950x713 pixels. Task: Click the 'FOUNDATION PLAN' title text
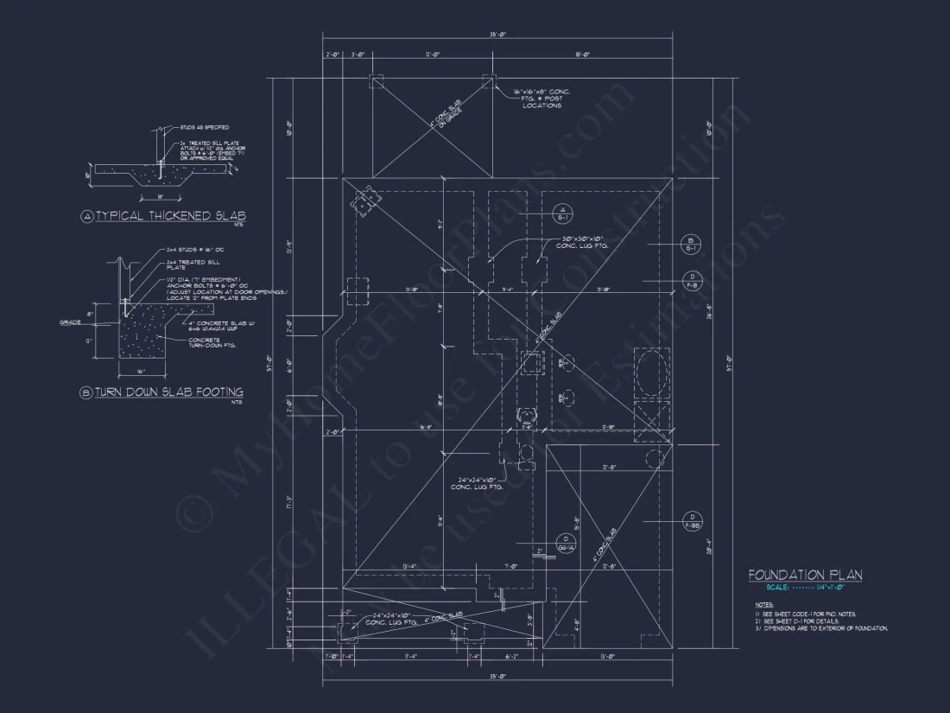[x=804, y=576]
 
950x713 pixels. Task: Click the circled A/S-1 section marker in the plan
[x=559, y=214]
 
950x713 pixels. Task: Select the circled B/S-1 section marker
[x=691, y=245]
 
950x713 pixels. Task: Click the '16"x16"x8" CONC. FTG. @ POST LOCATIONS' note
[x=541, y=98]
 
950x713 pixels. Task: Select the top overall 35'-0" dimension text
[x=496, y=35]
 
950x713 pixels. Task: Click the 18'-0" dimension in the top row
[x=582, y=54]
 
